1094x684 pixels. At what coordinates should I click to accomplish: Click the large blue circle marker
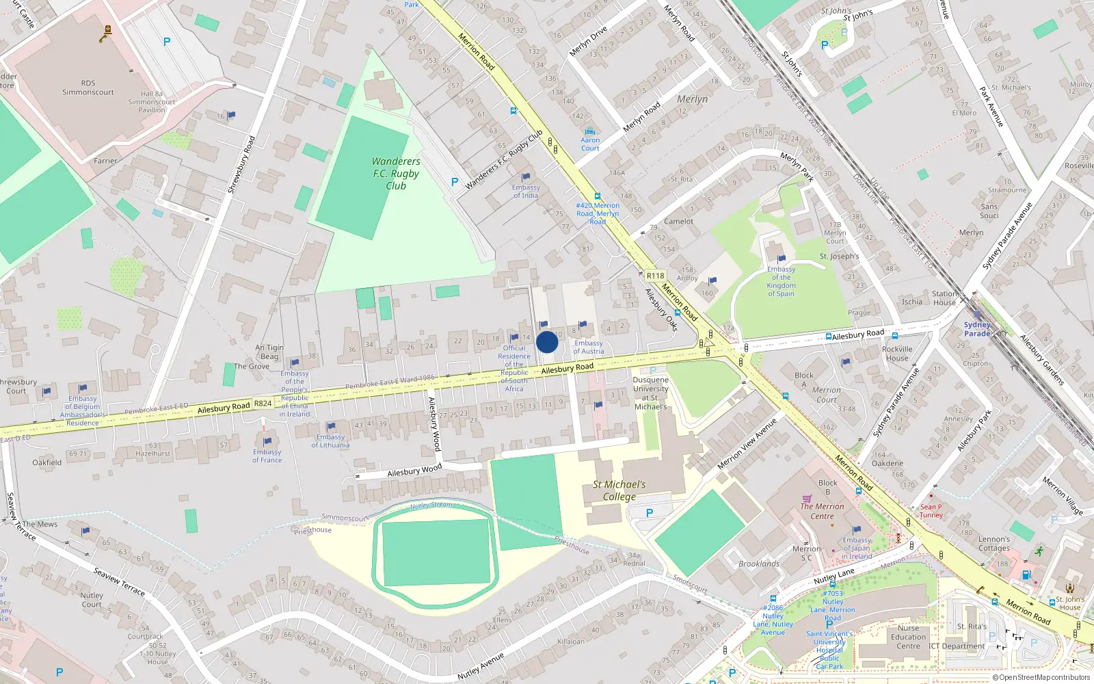[547, 342]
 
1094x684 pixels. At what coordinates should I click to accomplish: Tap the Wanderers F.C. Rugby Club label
[396, 174]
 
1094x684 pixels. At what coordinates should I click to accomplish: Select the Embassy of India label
[526, 192]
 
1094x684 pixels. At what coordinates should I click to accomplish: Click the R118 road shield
[655, 276]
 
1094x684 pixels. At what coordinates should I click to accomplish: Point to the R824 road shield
[263, 403]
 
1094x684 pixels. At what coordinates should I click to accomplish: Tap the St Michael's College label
[619, 490]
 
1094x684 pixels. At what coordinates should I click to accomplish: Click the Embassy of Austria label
[588, 347]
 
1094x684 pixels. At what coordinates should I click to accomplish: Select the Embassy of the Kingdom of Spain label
[781, 282]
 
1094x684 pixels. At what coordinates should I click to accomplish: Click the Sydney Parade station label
[977, 329]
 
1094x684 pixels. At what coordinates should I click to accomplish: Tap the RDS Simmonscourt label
[88, 88]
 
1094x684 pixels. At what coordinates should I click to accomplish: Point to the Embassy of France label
[267, 456]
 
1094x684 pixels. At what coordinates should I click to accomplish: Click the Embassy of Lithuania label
[330, 441]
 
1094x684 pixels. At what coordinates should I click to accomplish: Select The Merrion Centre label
[822, 511]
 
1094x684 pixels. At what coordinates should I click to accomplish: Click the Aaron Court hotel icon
[590, 131]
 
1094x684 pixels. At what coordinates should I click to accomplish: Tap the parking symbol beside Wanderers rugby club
[455, 182]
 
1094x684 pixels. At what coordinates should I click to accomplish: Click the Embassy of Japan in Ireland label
[857, 548]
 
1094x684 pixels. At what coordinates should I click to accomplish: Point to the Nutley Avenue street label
[481, 666]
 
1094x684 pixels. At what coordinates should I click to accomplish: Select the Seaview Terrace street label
[119, 581]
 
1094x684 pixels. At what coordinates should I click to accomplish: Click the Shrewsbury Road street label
[241, 165]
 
